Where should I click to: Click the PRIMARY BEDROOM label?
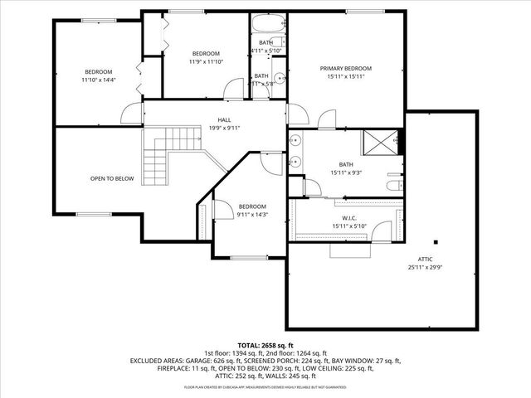click(346, 68)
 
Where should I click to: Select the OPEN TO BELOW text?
click(112, 178)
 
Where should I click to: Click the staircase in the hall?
click(158, 158)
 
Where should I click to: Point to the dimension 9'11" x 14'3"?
click(252, 214)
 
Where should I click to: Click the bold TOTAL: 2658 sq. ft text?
click(265, 345)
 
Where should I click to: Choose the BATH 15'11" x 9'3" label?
click(346, 168)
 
